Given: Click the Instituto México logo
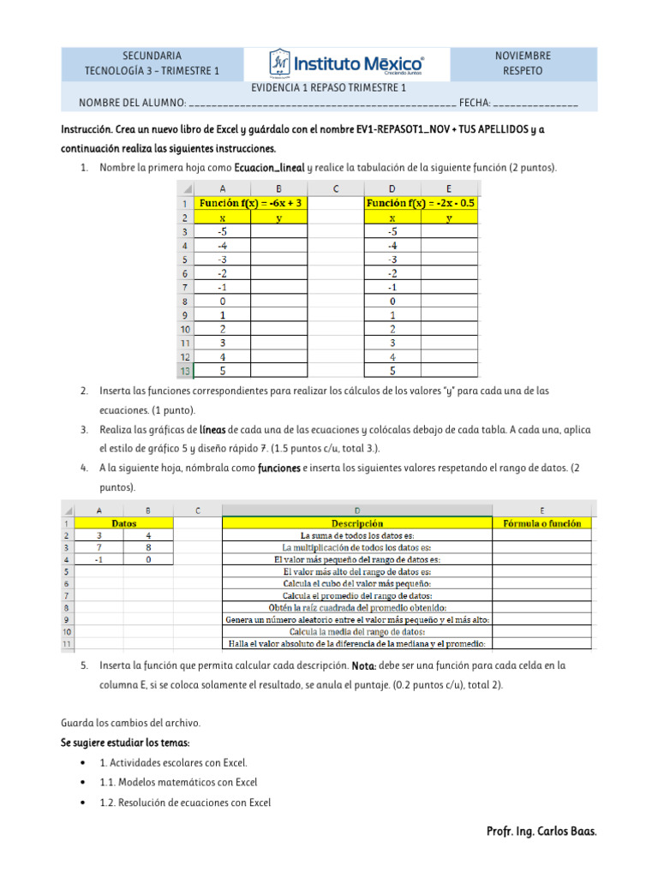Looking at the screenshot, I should point(346,63).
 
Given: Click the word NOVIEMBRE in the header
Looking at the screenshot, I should point(523,56).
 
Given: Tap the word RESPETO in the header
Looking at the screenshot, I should point(523,71).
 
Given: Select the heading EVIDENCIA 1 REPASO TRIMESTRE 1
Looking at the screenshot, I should point(328,88).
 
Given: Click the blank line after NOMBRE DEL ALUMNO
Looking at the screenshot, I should point(321,104).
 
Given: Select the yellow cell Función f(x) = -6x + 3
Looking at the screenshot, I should point(250,204).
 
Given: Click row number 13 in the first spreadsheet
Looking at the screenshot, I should point(184,370).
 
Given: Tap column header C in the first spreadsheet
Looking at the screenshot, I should point(335,188).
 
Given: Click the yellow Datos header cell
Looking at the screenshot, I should point(124,523).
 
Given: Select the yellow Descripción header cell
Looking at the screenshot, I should point(356,523).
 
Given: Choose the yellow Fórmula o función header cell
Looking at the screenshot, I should point(541,523).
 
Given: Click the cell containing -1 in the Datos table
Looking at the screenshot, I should point(99,559).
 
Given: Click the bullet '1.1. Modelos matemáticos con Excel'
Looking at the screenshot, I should point(178,782).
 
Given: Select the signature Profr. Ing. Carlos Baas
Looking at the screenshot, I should point(541,832).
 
